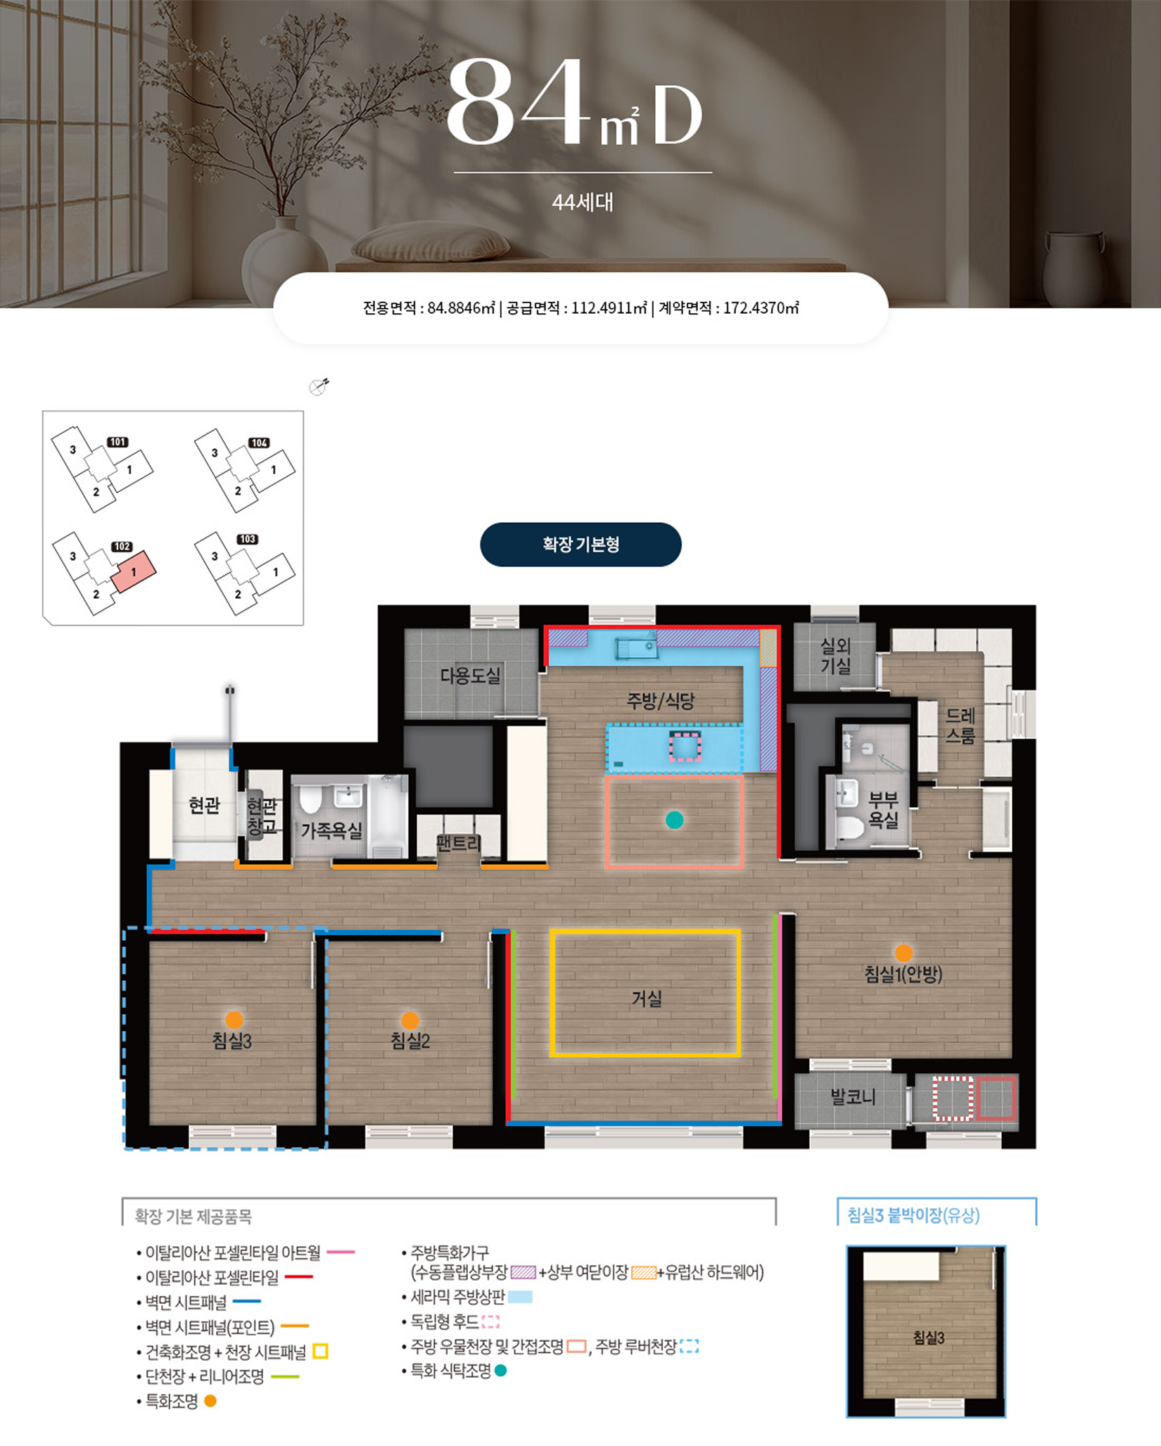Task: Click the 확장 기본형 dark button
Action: tap(580, 544)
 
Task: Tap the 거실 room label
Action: tap(647, 998)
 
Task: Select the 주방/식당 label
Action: tap(661, 700)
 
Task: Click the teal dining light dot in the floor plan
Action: tap(674, 820)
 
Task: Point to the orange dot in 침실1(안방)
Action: tap(903, 953)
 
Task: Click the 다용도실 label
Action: tap(470, 676)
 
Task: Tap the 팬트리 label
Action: tap(458, 842)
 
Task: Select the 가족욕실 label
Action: tap(331, 830)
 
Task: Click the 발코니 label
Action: tap(853, 1096)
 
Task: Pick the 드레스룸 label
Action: tap(960, 725)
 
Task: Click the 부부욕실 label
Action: tap(883, 809)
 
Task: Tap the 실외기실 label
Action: tap(835, 655)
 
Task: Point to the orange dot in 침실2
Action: tap(410, 1020)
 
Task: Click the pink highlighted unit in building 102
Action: tap(134, 571)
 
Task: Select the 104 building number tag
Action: tap(259, 443)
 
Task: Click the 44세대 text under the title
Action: tap(583, 203)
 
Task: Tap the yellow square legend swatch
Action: tap(320, 1351)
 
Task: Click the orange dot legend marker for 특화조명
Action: tap(210, 1401)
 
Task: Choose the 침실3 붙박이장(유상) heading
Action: tap(913, 1215)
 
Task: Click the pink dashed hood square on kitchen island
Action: tap(685, 747)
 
